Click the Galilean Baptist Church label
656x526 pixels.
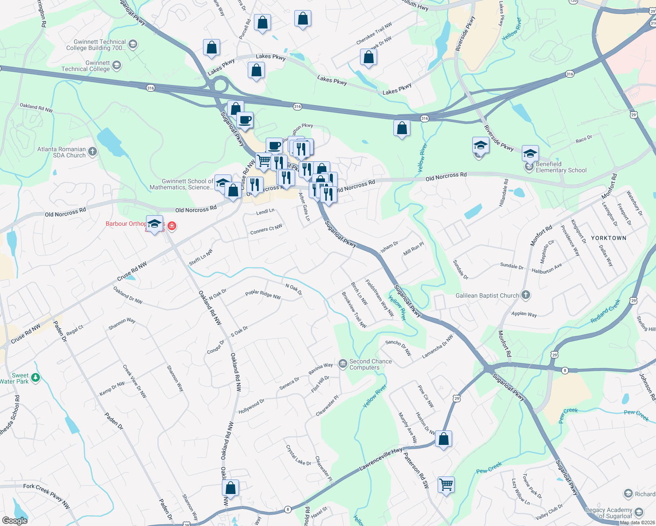click(487, 296)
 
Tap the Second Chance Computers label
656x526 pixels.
click(370, 365)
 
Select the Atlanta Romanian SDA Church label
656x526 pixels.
click(61, 152)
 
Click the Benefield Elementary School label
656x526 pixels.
click(561, 167)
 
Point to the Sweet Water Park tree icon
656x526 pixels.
click(36, 377)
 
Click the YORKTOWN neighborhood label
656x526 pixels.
click(609, 238)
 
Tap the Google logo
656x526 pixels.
click(14, 520)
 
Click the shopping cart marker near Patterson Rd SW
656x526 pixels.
click(446, 485)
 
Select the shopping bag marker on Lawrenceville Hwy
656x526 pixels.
click(444, 439)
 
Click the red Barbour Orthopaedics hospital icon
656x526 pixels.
click(172, 226)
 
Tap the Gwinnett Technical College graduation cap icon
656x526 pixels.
click(116, 66)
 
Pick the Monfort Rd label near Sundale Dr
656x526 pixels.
click(541, 236)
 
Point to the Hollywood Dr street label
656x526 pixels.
click(251, 406)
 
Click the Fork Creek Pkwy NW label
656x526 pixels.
click(46, 495)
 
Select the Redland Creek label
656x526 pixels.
click(605, 311)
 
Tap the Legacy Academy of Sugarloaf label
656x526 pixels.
click(609, 513)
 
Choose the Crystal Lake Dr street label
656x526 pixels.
click(298, 455)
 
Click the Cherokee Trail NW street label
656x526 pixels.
click(374, 34)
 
